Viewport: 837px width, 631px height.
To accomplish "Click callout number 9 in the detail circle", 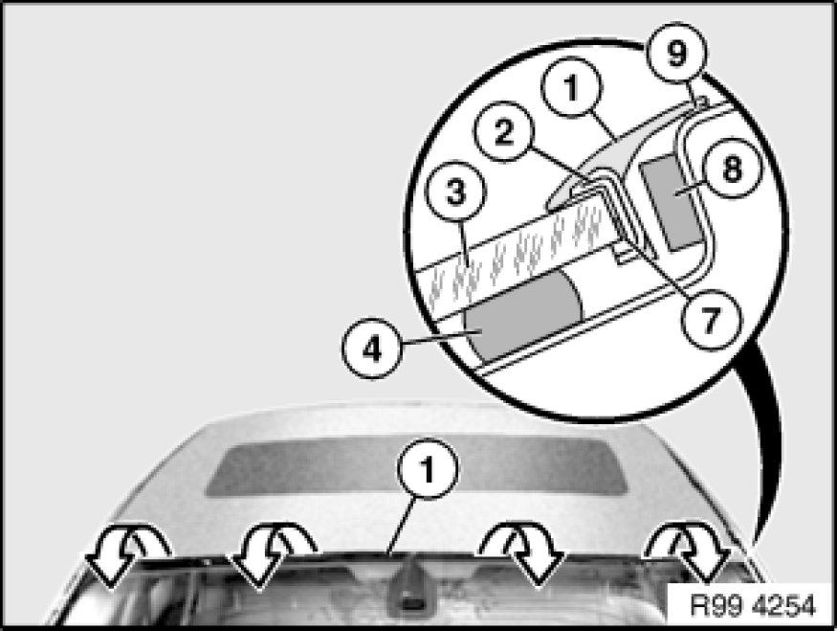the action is [676, 53].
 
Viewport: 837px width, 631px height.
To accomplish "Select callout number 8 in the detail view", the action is [732, 169].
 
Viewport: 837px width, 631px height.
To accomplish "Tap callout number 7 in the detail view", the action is [710, 320].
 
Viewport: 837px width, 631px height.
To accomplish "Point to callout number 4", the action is [372, 349].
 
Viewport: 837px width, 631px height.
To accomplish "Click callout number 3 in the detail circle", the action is [456, 192].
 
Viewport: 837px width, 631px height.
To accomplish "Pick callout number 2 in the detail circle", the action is [504, 131].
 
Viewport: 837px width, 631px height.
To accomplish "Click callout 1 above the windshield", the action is [427, 468].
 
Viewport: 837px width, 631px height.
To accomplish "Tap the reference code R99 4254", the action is [753, 605].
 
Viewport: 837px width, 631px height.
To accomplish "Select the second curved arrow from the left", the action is [271, 553].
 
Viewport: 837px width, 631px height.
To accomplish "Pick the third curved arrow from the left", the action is [522, 553].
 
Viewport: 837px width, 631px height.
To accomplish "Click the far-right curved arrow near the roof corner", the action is [689, 551].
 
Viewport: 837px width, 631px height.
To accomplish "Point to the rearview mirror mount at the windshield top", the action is [409, 588].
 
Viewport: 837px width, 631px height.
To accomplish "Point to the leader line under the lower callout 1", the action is [402, 526].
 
